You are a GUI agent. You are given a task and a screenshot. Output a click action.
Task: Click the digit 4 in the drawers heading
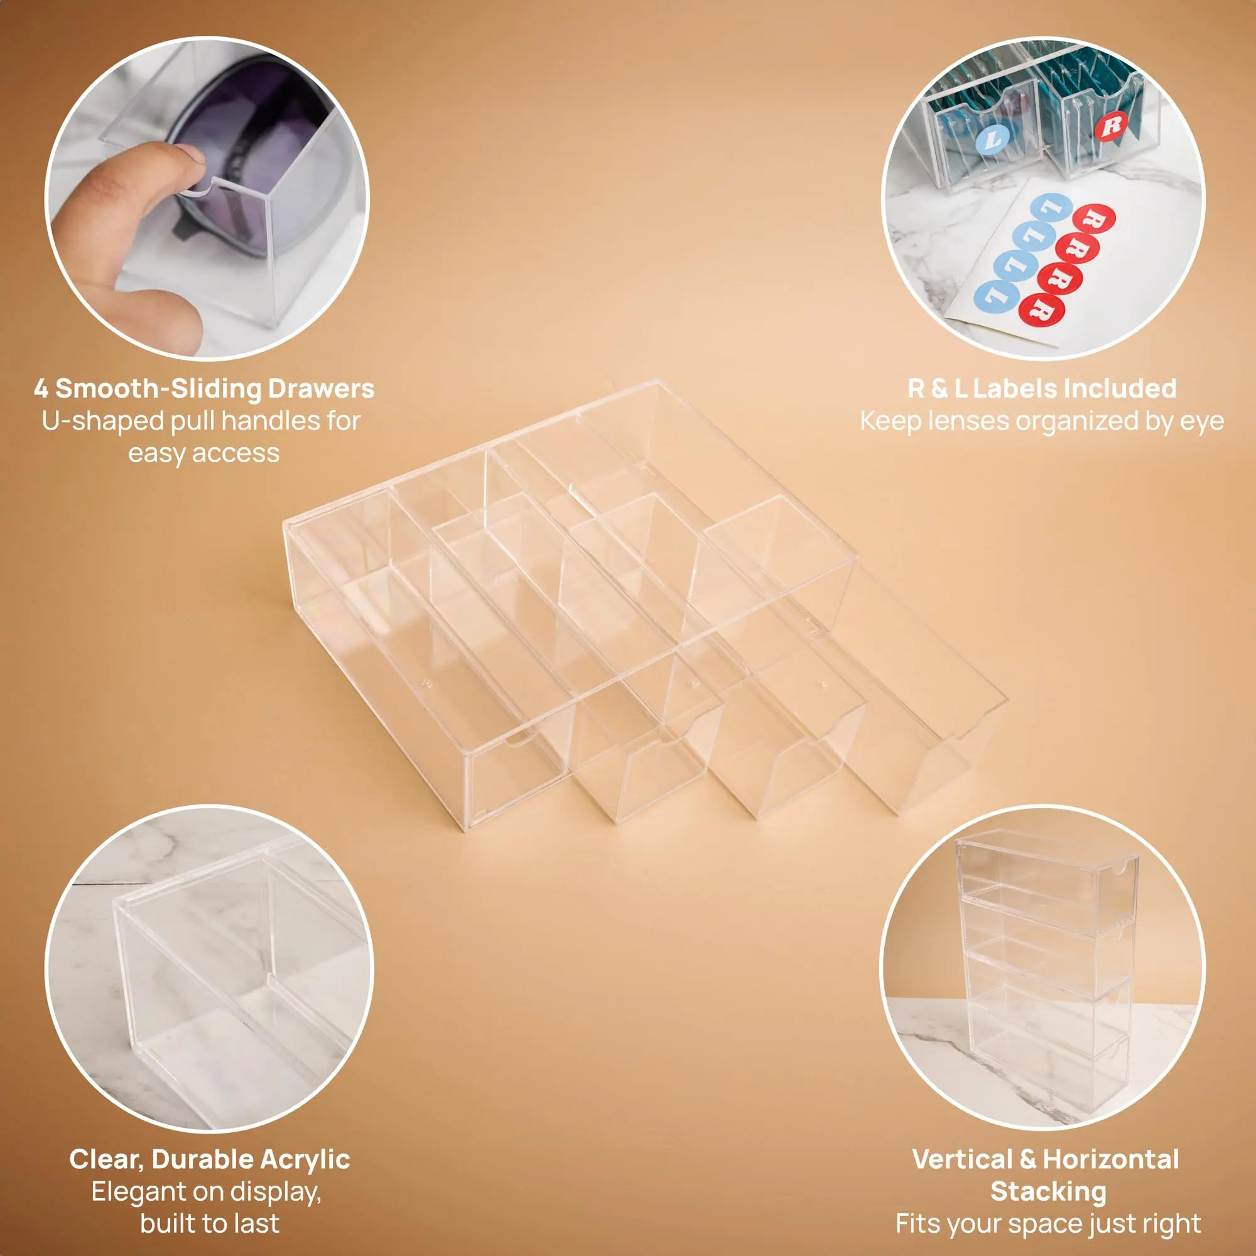click(x=41, y=389)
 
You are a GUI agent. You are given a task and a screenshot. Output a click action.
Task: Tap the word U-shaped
click(x=102, y=422)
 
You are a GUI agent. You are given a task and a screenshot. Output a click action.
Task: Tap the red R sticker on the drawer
click(x=1111, y=126)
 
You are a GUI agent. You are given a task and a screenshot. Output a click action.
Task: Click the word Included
click(x=1120, y=389)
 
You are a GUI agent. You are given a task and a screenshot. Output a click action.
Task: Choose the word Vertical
click(x=963, y=1160)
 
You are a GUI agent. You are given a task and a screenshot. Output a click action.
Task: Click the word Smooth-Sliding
click(x=159, y=389)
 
